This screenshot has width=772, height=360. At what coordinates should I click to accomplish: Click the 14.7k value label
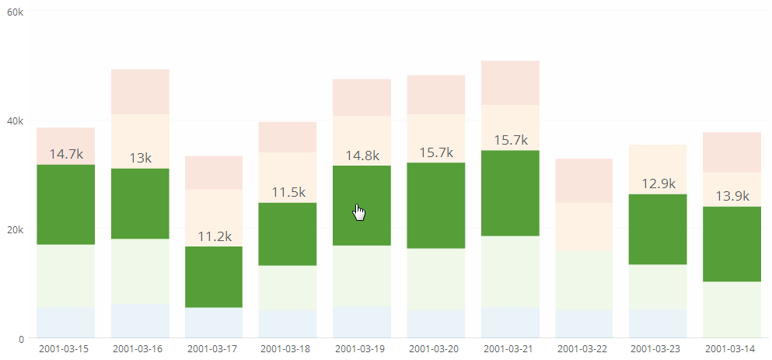pyautogui.click(x=66, y=154)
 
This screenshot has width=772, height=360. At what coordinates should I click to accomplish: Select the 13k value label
pyautogui.click(x=140, y=158)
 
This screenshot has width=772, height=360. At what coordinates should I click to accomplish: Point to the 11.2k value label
pyautogui.click(x=214, y=236)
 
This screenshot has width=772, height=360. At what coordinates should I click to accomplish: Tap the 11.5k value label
pyautogui.click(x=288, y=192)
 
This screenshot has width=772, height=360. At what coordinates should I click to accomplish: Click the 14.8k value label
pyautogui.click(x=362, y=156)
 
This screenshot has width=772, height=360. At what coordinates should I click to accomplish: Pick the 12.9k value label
pyautogui.click(x=658, y=184)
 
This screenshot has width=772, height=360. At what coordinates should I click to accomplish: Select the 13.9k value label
pyautogui.click(x=732, y=196)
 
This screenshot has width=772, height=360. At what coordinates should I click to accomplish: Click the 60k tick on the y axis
pyautogui.click(x=15, y=12)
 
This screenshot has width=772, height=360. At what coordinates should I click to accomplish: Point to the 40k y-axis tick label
pyautogui.click(x=15, y=121)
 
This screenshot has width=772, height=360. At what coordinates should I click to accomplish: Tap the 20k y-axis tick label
pyautogui.click(x=15, y=230)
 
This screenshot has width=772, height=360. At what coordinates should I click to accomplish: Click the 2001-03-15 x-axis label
pyautogui.click(x=64, y=349)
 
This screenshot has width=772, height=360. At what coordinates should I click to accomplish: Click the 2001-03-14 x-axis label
pyautogui.click(x=732, y=349)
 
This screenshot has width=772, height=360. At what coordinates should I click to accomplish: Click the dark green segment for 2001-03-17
pyautogui.click(x=214, y=277)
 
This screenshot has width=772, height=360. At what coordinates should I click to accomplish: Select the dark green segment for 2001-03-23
pyautogui.click(x=658, y=229)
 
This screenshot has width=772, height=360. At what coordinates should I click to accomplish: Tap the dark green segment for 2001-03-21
pyautogui.click(x=510, y=193)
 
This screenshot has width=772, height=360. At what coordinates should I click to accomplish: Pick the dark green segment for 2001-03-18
pyautogui.click(x=288, y=234)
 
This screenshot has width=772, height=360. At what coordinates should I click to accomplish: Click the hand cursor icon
pyautogui.click(x=358, y=212)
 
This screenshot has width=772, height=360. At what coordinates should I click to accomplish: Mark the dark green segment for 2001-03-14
pyautogui.click(x=732, y=243)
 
